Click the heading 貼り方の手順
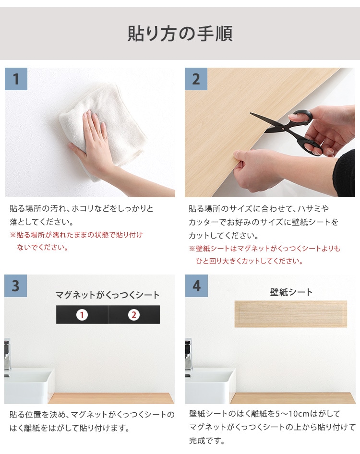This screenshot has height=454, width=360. (180, 34)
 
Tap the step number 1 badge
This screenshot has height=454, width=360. (16, 79)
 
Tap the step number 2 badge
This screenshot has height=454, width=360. (196, 79)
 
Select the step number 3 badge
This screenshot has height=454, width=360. (16, 286)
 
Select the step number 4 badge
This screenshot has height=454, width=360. (196, 286)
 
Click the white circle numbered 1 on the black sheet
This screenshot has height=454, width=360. (82, 315)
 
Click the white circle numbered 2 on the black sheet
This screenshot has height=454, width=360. (134, 315)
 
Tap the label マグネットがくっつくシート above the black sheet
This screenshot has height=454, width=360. (108, 295)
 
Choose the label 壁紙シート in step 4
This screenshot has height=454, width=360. (291, 292)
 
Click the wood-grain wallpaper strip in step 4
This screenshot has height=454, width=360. (291, 314)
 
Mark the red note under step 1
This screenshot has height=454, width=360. (77, 241)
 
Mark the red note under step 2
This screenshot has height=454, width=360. (264, 255)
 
